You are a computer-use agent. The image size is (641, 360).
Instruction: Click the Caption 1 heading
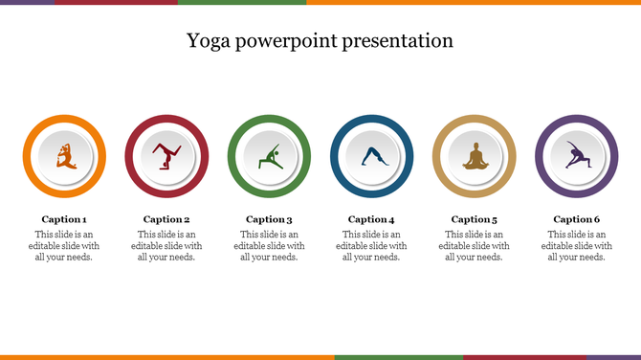pos(64,219)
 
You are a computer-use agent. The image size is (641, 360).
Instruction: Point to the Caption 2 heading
pos(166,219)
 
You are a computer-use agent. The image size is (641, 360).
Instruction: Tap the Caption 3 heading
pos(269,219)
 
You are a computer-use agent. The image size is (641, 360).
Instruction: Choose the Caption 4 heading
pos(371,219)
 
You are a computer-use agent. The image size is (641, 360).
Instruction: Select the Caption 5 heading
pos(475,219)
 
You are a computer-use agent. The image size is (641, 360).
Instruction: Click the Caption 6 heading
pos(577,219)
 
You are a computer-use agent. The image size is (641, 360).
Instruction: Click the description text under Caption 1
pos(64,245)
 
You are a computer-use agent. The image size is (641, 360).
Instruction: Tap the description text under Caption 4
pos(371,245)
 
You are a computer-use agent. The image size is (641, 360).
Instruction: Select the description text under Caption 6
pos(577,245)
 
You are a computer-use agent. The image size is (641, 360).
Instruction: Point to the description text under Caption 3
pos(269,245)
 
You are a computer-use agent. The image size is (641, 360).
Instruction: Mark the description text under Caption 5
pos(475,245)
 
